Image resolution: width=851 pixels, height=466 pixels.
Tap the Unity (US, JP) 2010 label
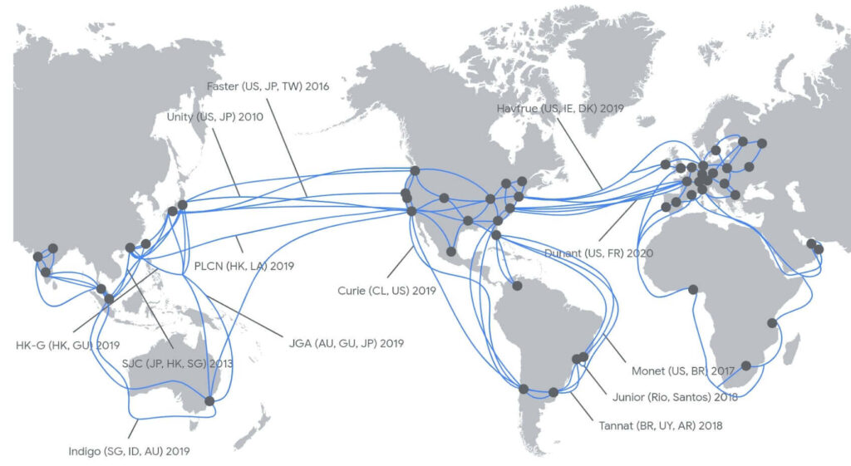coord(215,117)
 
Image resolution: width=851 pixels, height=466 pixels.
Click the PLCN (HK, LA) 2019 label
coord(243,267)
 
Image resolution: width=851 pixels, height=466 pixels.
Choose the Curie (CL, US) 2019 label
coord(386,291)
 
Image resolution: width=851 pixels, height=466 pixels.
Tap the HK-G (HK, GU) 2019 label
coord(68,344)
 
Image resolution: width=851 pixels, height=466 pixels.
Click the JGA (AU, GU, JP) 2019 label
coord(346,342)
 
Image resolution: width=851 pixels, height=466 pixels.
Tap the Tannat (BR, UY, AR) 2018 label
coord(660,425)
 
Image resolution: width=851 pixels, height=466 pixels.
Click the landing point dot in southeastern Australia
coord(209,401)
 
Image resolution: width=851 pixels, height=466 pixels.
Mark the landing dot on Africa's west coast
coord(692,290)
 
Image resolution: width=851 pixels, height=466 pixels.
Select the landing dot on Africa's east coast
coord(773,322)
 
